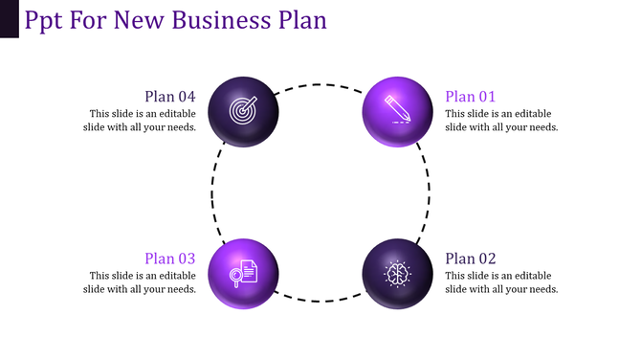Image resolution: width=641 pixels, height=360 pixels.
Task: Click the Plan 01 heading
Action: (471, 96)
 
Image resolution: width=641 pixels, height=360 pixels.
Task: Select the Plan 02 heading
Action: (471, 259)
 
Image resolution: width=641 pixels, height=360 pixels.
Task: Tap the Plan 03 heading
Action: (170, 259)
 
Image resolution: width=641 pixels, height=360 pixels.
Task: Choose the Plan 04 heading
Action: (170, 96)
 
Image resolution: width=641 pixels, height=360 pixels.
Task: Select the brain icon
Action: (396, 273)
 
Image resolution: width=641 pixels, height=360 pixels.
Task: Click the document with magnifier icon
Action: (243, 273)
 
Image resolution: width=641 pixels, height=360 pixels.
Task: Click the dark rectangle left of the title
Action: (10, 18)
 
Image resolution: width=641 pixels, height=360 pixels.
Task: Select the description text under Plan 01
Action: (501, 120)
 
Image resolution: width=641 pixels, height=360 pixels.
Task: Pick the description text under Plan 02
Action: (501, 282)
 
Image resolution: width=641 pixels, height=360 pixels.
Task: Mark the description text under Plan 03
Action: (143, 282)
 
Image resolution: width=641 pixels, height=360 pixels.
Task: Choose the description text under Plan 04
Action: (143, 120)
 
